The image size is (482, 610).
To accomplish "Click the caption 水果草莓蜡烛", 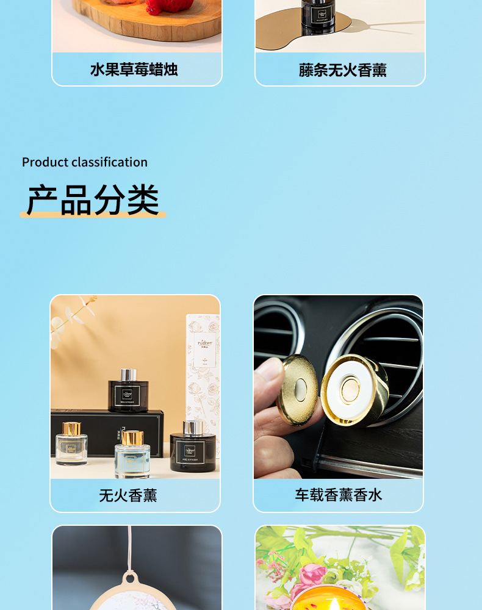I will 134,70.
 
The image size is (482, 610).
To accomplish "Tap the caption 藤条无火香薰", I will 342,70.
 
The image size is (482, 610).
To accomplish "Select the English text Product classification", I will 85,162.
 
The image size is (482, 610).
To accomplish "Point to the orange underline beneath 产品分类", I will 93,215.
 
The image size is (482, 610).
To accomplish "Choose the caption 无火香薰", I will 128,495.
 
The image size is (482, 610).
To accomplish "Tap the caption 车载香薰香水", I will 339,495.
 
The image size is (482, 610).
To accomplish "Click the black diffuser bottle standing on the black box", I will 128,395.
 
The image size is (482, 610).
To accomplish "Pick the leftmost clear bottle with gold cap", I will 71,446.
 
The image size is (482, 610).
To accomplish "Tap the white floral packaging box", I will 202,366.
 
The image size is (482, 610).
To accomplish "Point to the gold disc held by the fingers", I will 297,390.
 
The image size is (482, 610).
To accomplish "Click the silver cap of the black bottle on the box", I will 128,375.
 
